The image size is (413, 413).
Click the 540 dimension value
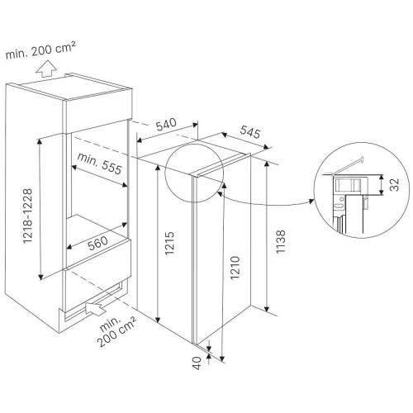coord(166,124)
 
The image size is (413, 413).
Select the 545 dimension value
coord(250,131)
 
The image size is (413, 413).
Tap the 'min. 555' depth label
coord(99,164)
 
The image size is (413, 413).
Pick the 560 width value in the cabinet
coord(97,243)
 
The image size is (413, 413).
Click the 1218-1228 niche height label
coord(27,216)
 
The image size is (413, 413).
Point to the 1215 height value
coord(169,243)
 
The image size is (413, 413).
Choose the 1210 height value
coord(235,268)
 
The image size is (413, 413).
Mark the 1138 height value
coord(281,242)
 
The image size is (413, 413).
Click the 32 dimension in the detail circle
coord(394,184)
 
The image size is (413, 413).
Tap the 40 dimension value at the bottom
coord(197,363)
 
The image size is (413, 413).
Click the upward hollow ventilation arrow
coord(46,69)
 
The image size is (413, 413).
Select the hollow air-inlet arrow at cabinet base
coord(96,307)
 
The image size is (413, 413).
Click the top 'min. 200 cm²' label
coord(40,50)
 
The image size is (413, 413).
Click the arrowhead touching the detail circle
coord(311,201)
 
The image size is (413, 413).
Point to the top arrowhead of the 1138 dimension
coord(267,164)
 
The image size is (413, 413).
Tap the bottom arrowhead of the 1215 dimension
coord(158,319)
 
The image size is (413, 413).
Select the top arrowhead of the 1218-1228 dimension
coord(40,141)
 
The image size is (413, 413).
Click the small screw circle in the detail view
coord(341,199)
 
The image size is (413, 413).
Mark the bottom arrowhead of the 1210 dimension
coord(222,358)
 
